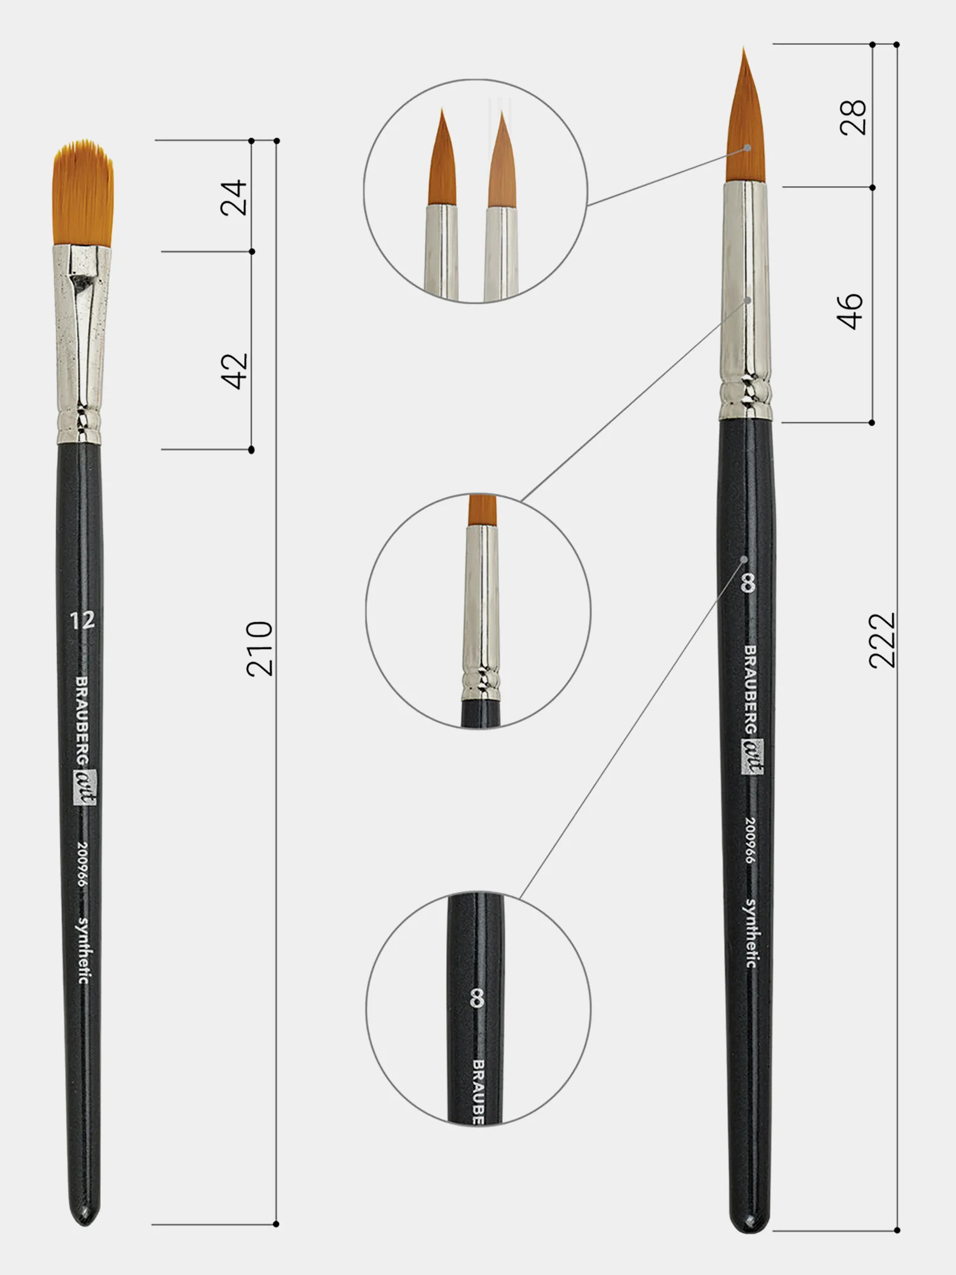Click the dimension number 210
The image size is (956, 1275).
[259, 648]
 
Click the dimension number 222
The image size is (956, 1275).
[882, 640]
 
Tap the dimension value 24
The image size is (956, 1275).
[233, 197]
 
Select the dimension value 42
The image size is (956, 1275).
[234, 370]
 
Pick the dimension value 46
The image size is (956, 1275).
[851, 311]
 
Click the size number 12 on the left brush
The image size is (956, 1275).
[82, 620]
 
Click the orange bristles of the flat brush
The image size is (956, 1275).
[83, 193]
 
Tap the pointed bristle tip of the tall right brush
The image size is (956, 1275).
[744, 48]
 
